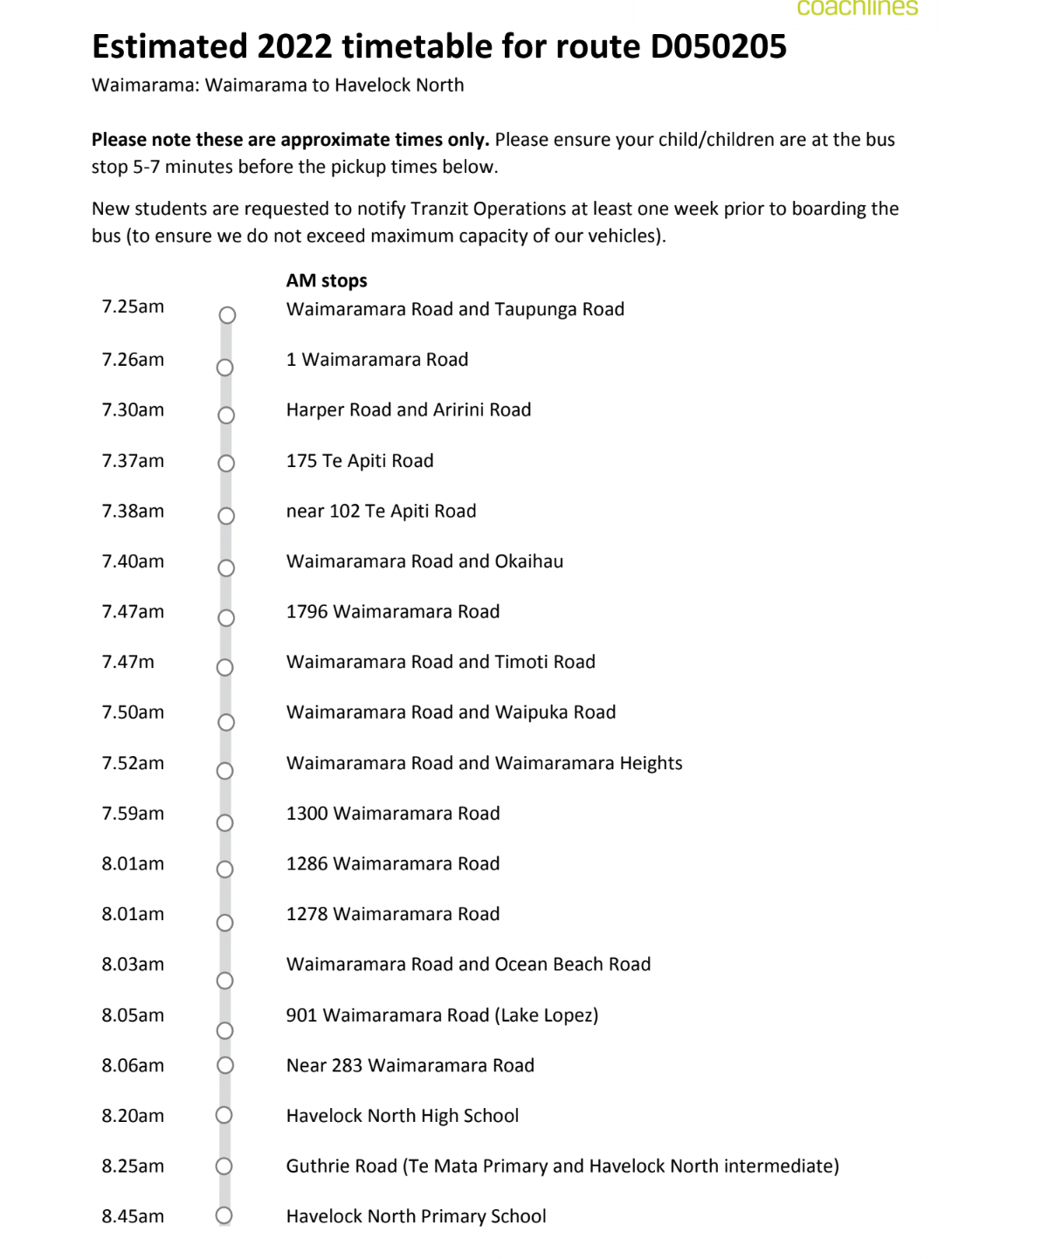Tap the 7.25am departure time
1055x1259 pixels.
pyautogui.click(x=133, y=306)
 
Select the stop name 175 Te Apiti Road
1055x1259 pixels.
pyautogui.click(x=360, y=461)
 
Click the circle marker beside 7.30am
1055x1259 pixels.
pyautogui.click(x=226, y=416)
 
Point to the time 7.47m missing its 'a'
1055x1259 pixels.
pyautogui.click(x=128, y=662)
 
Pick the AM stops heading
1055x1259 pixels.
pyautogui.click(x=327, y=281)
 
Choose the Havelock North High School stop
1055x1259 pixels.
pyautogui.click(x=403, y=1116)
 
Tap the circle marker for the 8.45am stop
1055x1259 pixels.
pyautogui.click(x=224, y=1215)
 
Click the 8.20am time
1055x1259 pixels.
pyautogui.click(x=133, y=1116)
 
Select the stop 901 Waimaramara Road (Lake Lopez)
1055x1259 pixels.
pyautogui.click(x=442, y=1015)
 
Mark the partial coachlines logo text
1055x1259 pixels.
pyautogui.click(x=857, y=8)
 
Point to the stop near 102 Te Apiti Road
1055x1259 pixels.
pyautogui.click(x=381, y=512)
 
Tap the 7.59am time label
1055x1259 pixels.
pyautogui.click(x=133, y=814)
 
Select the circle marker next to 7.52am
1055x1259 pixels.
pyautogui.click(x=225, y=771)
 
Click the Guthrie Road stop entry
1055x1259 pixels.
pyautogui.click(x=562, y=1166)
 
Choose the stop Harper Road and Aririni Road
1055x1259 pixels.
pyautogui.click(x=409, y=410)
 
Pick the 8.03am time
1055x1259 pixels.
pyautogui.click(x=133, y=965)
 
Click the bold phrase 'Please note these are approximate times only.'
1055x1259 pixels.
pyautogui.click(x=290, y=140)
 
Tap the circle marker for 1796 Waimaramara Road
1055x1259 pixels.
pyautogui.click(x=226, y=618)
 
